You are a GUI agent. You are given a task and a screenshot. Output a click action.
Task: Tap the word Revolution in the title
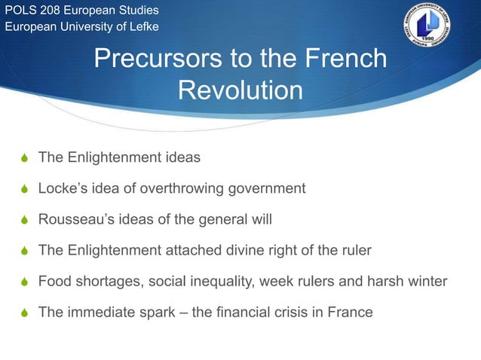(240, 90)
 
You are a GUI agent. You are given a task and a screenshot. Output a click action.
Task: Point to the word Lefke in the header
(142, 29)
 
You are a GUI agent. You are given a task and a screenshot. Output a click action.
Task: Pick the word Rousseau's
(74, 219)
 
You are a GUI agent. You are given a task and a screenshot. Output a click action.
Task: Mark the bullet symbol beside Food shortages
(24, 282)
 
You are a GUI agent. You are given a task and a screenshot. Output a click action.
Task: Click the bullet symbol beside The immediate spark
(24, 313)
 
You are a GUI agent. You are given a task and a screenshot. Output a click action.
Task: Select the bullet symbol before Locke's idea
(24, 189)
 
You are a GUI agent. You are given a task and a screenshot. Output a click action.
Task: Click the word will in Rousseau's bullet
(261, 219)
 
